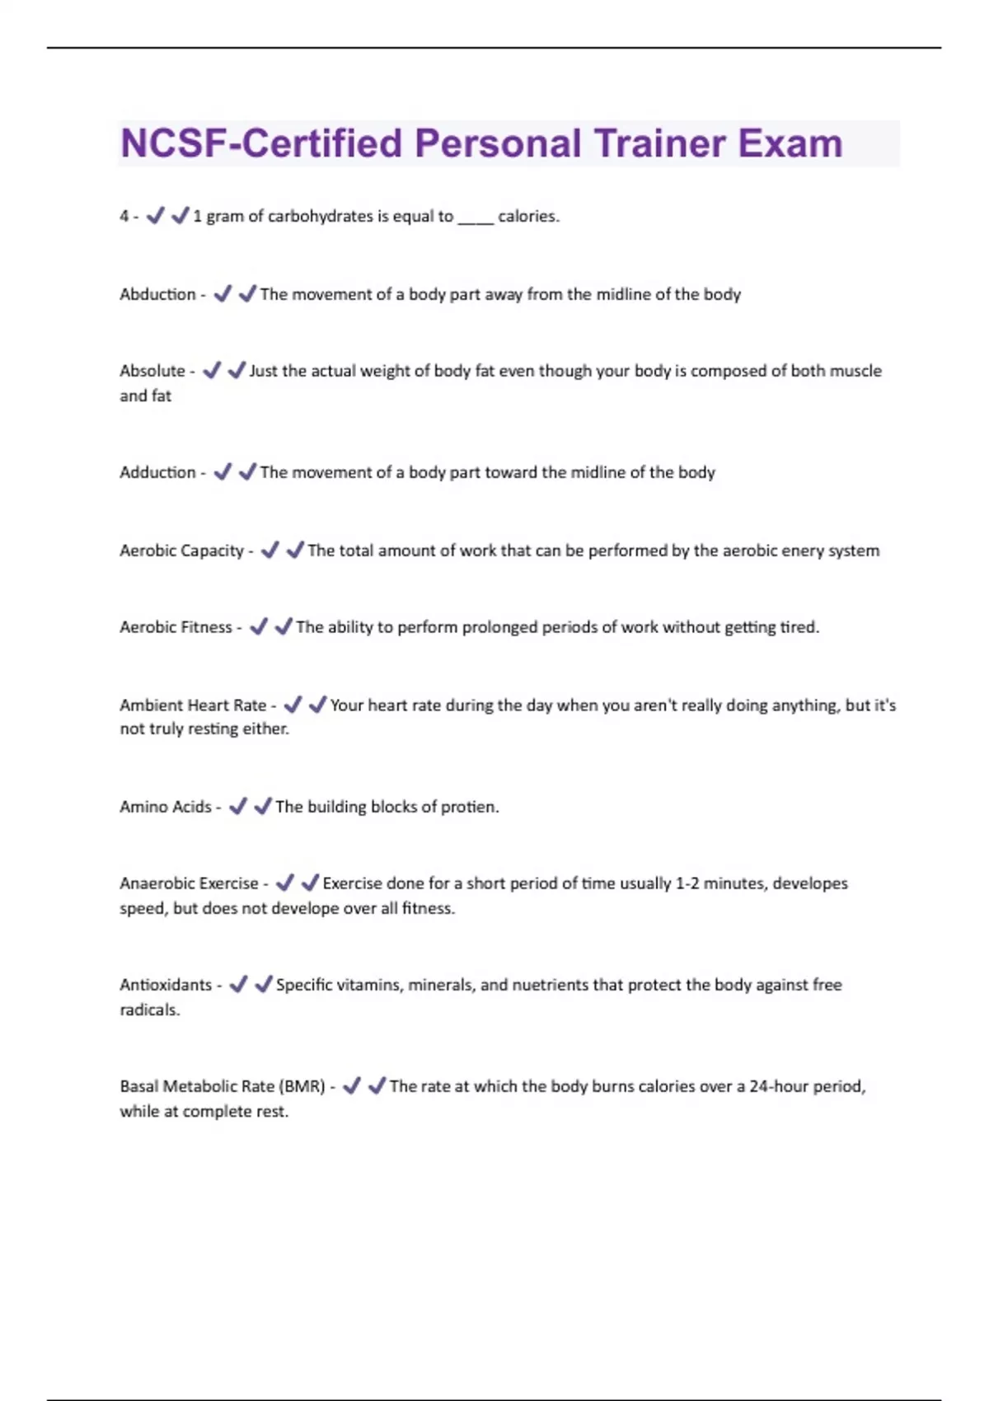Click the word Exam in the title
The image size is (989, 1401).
(790, 143)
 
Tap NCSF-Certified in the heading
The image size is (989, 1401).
(262, 143)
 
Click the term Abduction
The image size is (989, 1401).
(157, 294)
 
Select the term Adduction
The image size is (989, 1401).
(157, 472)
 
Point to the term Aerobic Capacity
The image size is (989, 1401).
(181, 551)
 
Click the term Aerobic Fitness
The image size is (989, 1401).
(176, 627)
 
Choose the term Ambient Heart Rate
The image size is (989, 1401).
(193, 705)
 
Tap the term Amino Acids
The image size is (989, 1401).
(165, 807)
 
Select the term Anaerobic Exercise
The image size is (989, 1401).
(189, 883)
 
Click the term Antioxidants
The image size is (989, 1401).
(166, 985)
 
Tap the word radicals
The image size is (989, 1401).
(149, 1010)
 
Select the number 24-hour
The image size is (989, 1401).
(779, 1086)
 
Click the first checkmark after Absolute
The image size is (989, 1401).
(212, 371)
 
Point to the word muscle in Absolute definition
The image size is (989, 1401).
(855, 371)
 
